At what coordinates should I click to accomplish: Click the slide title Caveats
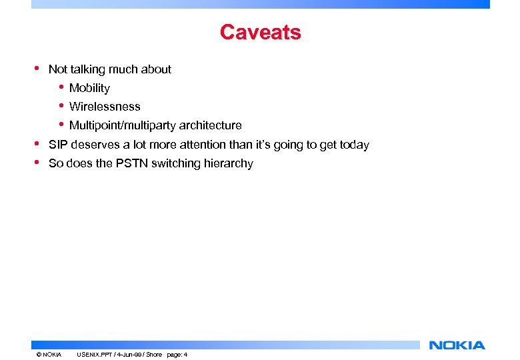pyautogui.click(x=260, y=32)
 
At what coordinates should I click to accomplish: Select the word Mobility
pyautogui.click(x=89, y=88)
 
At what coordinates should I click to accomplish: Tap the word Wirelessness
pyautogui.click(x=105, y=107)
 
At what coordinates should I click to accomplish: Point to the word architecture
pyautogui.click(x=210, y=125)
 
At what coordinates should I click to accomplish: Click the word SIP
pyautogui.click(x=58, y=145)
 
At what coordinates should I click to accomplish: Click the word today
pyautogui.click(x=354, y=145)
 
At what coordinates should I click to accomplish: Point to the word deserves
pyautogui.click(x=93, y=145)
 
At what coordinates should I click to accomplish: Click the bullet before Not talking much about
pyautogui.click(x=37, y=68)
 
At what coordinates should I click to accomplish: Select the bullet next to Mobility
pyautogui.click(x=61, y=87)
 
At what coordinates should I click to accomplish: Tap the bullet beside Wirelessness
pyautogui.click(x=61, y=105)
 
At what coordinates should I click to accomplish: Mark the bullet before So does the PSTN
pyautogui.click(x=37, y=162)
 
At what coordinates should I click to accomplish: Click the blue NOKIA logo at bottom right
pyautogui.click(x=457, y=345)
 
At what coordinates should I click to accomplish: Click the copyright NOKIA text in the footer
pyautogui.click(x=49, y=355)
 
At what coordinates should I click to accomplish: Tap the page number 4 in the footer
pyautogui.click(x=185, y=355)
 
